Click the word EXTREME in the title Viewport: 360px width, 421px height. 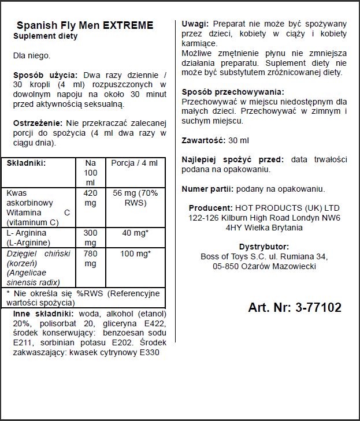click(128, 25)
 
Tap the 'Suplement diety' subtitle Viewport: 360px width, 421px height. click(45, 36)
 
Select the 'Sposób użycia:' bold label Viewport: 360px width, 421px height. click(45, 75)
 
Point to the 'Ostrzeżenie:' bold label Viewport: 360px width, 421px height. click(38, 123)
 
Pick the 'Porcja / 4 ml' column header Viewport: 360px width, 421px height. click(134, 163)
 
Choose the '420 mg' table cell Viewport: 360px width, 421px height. click(91, 198)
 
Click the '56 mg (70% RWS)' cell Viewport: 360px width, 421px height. click(134, 198)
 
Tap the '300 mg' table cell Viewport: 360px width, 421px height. click(91, 237)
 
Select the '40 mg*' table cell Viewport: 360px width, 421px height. click(134, 233)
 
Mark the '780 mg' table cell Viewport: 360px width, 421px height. click(91, 259)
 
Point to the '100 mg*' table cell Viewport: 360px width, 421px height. click(134, 254)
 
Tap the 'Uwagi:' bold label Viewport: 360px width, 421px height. click(195, 24)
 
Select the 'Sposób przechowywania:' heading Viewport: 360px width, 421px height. click(233, 92)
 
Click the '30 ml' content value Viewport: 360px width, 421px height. click(238, 140)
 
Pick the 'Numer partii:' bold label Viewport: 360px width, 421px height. click(207, 189)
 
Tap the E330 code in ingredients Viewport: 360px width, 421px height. click(148, 352)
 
